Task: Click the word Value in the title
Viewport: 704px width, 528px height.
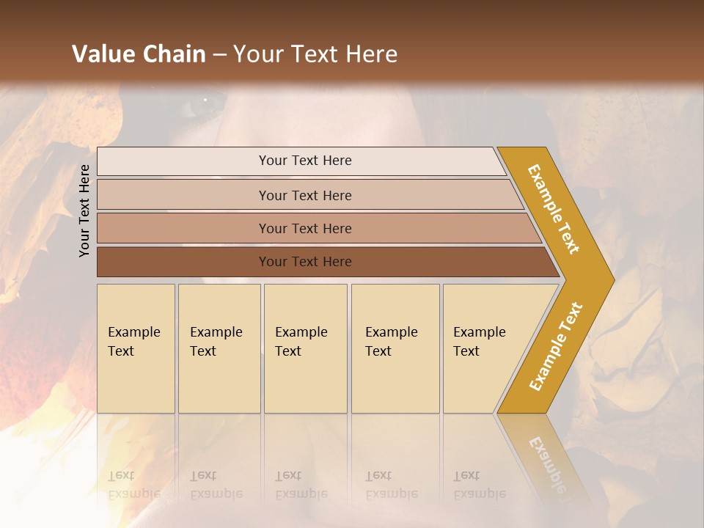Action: coord(101,54)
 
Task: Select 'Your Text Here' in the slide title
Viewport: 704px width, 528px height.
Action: coord(315,54)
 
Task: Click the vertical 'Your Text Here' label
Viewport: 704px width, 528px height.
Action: coord(84,210)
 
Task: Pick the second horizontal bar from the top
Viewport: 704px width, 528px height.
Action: coord(305,195)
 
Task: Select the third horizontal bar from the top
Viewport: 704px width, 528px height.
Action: coord(305,228)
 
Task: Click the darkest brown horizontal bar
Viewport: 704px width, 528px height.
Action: coord(305,262)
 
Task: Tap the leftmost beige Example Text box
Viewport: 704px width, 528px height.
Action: coord(136,348)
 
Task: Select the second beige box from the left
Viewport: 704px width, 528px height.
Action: coord(219,348)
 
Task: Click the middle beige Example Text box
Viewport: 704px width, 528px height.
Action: coord(305,348)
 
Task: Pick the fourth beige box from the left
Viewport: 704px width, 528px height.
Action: coord(395,348)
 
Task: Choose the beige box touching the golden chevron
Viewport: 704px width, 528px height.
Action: coord(484,348)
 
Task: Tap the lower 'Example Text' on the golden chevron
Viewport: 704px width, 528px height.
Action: coord(556,346)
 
